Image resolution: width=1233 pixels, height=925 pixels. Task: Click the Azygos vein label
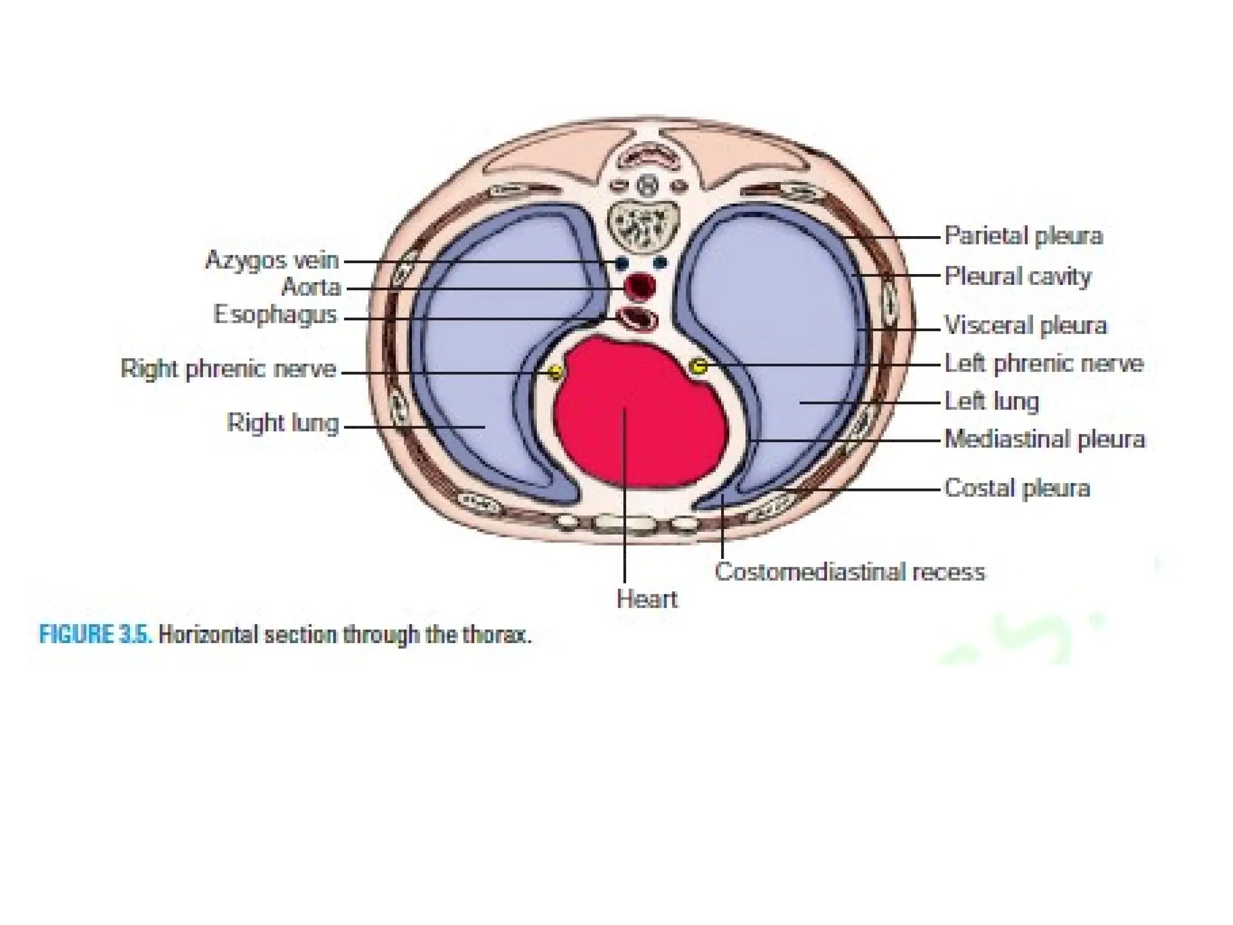point(272,261)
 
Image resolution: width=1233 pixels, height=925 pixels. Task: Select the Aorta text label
point(311,287)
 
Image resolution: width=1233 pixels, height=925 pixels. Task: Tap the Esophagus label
point(275,314)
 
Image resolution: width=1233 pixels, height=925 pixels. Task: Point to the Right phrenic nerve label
point(228,369)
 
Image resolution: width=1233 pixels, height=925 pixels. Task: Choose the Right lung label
point(283,423)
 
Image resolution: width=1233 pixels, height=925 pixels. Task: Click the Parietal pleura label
point(1023,235)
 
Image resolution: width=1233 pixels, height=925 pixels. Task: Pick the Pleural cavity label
point(1017,276)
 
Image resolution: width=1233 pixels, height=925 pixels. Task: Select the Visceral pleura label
point(1025,325)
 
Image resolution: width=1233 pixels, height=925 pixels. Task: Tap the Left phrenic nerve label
point(1043,364)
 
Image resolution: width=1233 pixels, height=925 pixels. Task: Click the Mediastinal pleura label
point(1045,439)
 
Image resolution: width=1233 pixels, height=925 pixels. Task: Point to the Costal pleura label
point(1017,488)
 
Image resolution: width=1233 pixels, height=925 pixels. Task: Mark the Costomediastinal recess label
point(849,572)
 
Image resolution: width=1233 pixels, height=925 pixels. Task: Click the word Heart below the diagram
point(647,599)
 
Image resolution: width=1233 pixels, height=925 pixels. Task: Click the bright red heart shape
point(638,410)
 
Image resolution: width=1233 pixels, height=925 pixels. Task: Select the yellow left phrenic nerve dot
point(698,366)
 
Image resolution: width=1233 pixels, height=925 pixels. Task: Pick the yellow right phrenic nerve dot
point(555,372)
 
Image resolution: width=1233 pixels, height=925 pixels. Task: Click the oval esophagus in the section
point(637,317)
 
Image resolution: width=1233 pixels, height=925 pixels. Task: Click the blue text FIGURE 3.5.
point(95,635)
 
